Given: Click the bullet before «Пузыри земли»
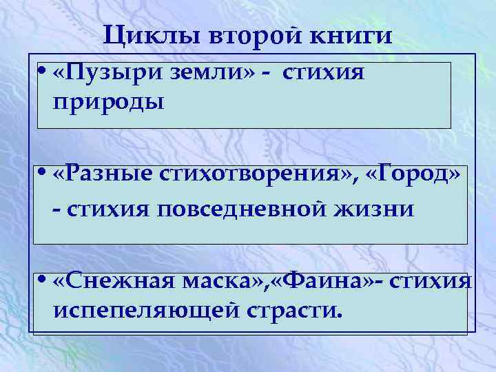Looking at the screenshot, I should click(43, 74).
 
